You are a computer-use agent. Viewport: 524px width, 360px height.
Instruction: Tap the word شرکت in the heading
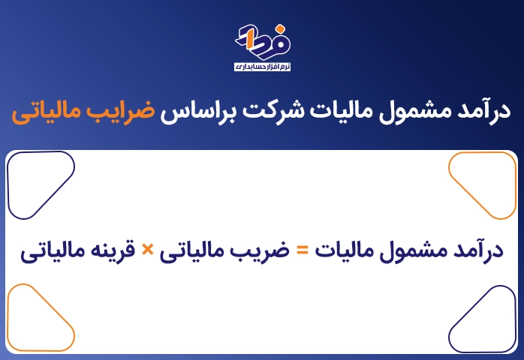pos(273,111)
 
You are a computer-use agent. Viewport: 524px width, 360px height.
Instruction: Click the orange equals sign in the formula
pos(303,250)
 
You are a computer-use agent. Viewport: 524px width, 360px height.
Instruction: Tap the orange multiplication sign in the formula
pos(147,250)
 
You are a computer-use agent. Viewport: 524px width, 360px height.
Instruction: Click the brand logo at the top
pos(263,41)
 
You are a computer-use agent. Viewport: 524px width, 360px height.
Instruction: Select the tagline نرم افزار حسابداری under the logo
pos(262,67)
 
